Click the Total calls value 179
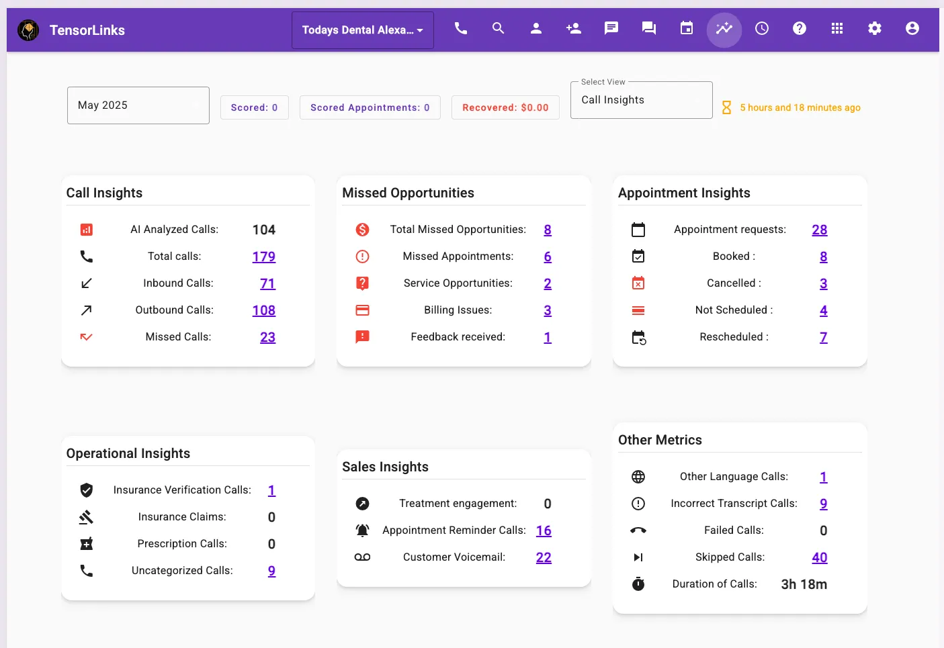click(x=263, y=257)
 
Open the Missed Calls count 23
click(x=267, y=337)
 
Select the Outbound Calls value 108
click(x=263, y=310)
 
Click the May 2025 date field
click(x=138, y=105)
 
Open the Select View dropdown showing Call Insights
click(x=641, y=100)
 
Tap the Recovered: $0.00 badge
click(x=505, y=107)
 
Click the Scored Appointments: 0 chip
click(x=370, y=107)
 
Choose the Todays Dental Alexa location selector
click(x=362, y=30)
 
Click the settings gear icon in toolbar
click(x=874, y=28)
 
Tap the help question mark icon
click(x=799, y=28)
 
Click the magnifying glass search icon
click(x=498, y=28)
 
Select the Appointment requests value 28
click(x=819, y=230)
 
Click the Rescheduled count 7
click(x=823, y=337)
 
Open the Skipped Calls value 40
click(x=819, y=557)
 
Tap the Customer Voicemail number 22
click(x=544, y=557)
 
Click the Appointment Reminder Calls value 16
click(x=544, y=530)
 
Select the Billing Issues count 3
click(x=548, y=310)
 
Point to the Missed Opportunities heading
click(x=408, y=193)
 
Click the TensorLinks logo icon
click(x=28, y=30)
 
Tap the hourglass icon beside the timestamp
click(x=726, y=107)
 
